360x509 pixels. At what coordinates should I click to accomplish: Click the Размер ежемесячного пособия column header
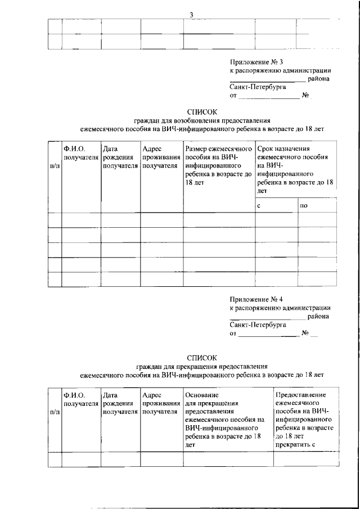[218, 166]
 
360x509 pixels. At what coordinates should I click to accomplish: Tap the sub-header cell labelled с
[259, 206]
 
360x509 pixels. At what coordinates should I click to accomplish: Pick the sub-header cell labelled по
[304, 206]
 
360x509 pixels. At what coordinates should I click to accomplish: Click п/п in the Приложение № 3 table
[55, 166]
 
